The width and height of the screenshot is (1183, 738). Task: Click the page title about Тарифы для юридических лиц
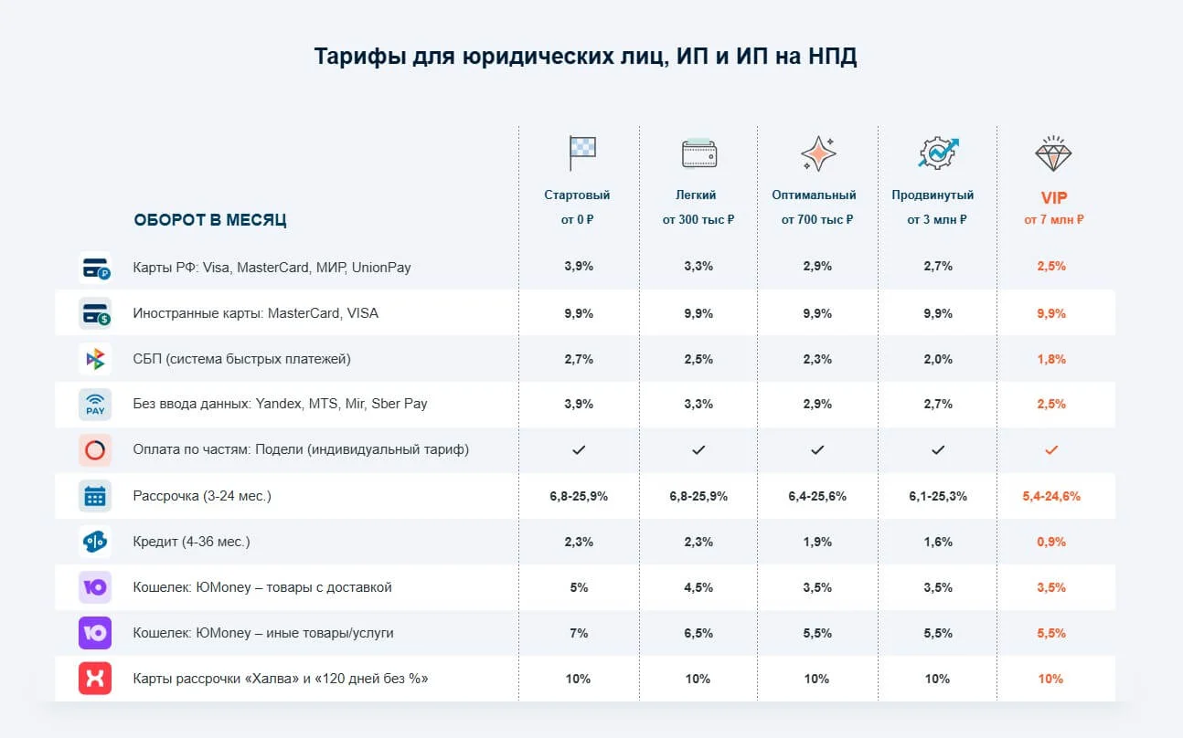[585, 57]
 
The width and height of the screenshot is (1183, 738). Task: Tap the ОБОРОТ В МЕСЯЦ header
[210, 220]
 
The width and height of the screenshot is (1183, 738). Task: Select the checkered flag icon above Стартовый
[581, 153]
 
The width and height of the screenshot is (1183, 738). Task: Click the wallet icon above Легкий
[699, 153]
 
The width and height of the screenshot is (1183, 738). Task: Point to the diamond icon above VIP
[1053, 153]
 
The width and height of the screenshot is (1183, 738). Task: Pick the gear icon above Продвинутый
[937, 153]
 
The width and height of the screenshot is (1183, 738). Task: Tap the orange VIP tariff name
[1053, 197]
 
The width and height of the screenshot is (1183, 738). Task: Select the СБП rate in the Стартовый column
[579, 359]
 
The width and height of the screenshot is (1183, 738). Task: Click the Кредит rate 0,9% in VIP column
[1051, 542]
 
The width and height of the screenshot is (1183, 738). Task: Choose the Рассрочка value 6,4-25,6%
[816, 496]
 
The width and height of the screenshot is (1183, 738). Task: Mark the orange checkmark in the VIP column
[1051, 450]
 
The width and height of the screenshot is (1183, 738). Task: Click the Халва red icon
[95, 679]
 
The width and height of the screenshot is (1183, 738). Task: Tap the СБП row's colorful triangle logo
[95, 359]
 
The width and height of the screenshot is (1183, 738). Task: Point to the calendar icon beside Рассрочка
[95, 496]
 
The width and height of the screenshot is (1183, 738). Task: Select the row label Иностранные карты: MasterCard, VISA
[255, 313]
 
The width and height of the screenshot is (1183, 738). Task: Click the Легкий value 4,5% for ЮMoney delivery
[698, 587]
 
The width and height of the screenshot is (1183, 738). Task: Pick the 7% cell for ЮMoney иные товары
[579, 633]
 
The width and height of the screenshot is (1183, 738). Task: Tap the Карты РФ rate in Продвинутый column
[937, 267]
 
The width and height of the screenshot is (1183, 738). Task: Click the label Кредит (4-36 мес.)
[191, 542]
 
